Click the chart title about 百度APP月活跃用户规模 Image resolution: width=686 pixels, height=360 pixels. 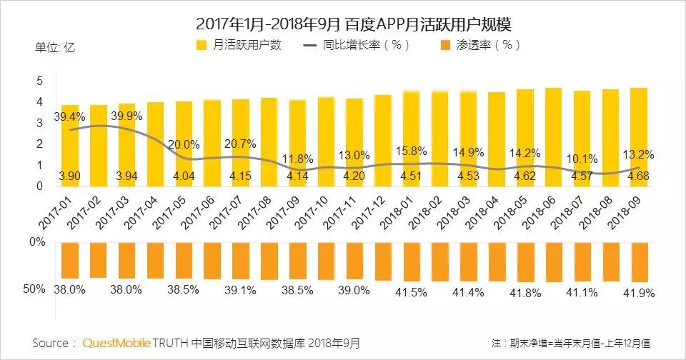click(343, 24)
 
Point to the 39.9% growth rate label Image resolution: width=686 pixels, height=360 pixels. click(127, 116)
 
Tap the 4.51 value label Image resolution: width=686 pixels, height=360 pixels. click(411, 175)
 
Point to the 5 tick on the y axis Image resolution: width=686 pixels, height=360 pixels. click(41, 81)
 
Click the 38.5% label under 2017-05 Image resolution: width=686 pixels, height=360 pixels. click(184, 290)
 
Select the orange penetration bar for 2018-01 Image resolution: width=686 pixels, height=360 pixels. click(412, 261)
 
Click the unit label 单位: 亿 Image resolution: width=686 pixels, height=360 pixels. click(55, 49)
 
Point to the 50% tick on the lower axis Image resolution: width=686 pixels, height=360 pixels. click(34, 289)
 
